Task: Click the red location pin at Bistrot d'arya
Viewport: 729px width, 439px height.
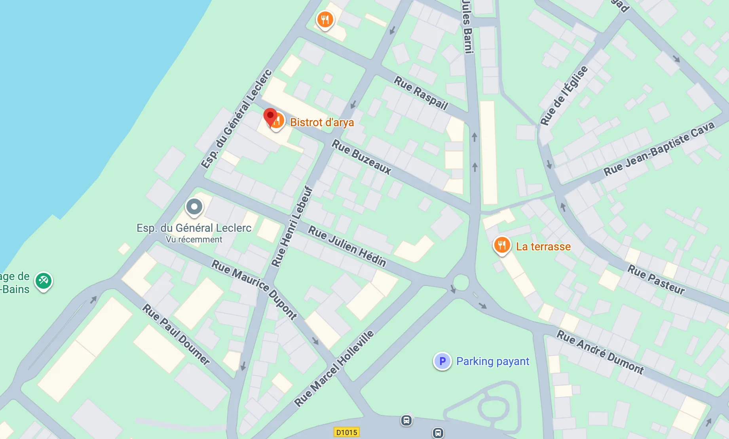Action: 270,116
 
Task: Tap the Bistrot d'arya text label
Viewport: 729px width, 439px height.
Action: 322,123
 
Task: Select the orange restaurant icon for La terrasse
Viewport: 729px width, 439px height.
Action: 501,245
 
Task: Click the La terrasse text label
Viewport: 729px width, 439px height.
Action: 543,247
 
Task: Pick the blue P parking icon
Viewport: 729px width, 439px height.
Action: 442,361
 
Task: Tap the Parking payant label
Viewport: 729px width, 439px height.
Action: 493,361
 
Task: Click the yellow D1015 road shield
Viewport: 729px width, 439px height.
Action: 346,432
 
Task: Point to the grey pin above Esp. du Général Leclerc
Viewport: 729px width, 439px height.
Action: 194,206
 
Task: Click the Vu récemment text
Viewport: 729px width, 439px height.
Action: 194,240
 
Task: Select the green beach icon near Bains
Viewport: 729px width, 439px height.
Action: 43,281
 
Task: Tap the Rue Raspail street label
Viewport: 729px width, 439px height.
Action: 421,93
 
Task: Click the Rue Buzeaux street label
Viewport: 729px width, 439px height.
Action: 361,157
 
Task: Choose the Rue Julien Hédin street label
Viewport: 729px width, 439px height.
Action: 347,246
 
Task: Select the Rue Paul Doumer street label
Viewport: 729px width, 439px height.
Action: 176,334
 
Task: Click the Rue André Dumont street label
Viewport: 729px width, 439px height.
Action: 600,352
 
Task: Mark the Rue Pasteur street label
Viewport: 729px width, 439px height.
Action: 656,280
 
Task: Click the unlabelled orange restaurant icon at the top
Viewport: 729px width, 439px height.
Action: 325,19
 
